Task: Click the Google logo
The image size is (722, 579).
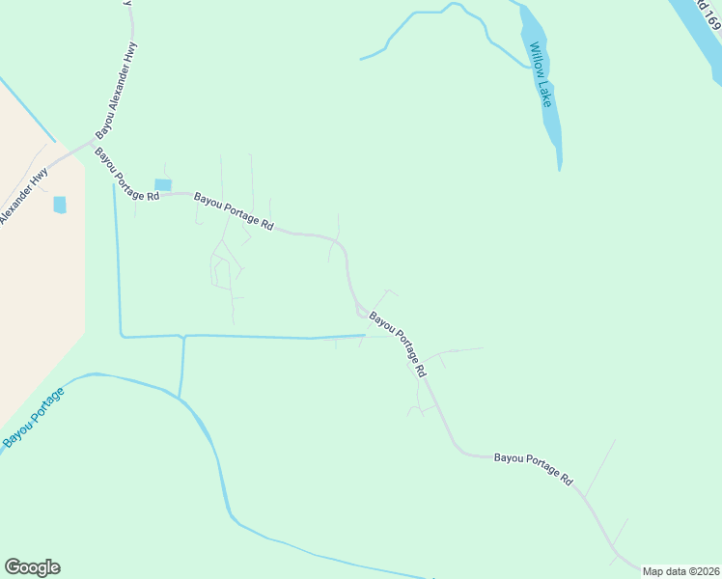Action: pyautogui.click(x=32, y=567)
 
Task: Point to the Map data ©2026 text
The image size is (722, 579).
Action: pyautogui.click(x=680, y=571)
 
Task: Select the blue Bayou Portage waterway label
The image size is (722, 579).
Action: pyautogui.click(x=33, y=417)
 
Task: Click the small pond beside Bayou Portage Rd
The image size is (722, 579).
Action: pyautogui.click(x=163, y=184)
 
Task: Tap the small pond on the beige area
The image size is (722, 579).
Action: pyautogui.click(x=60, y=205)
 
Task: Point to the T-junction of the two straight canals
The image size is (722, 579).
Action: pyautogui.click(x=182, y=336)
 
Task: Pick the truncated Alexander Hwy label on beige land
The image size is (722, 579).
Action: pyautogui.click(x=24, y=198)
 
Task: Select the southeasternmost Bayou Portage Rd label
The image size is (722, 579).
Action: pyautogui.click(x=534, y=469)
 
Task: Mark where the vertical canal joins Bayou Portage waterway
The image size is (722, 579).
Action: pyautogui.click(x=180, y=397)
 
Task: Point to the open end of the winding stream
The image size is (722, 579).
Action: pyautogui.click(x=362, y=59)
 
